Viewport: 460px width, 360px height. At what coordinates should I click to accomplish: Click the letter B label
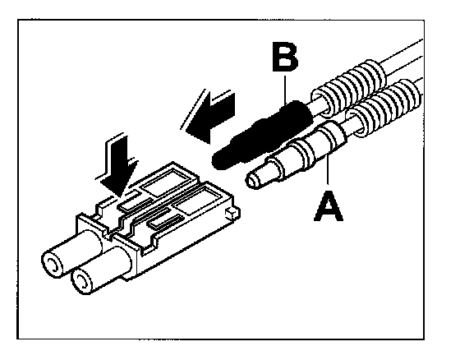pyautogui.click(x=285, y=57)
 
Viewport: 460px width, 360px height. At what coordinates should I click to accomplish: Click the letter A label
pyautogui.click(x=329, y=205)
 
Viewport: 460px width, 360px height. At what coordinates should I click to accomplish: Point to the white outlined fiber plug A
pyautogui.click(x=297, y=155)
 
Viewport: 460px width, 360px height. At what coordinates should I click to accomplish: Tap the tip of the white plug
pyautogui.click(x=253, y=180)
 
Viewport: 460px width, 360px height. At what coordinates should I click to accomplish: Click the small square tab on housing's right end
pyautogui.click(x=232, y=213)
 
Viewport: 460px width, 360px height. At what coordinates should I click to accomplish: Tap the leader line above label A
pyautogui.click(x=328, y=171)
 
